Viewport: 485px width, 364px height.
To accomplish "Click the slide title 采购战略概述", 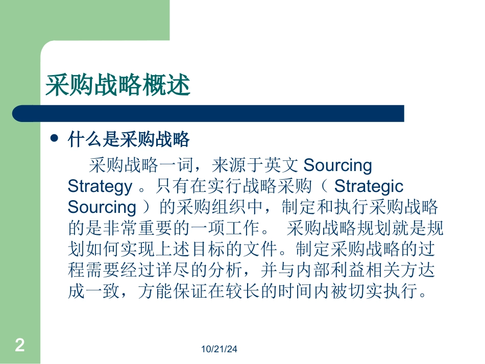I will pyautogui.click(x=118, y=85).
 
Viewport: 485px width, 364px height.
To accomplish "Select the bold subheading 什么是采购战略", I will pyautogui.click(x=129, y=139).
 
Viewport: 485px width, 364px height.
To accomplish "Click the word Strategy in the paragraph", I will pyautogui.click(x=100, y=186).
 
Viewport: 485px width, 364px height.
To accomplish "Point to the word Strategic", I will pyautogui.click(x=369, y=186).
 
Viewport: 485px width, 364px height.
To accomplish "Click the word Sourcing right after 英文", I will pyautogui.click(x=337, y=165).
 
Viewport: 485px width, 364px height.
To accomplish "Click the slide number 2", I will pyautogui.click(x=20, y=346).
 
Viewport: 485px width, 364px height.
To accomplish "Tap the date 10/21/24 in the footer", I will pyautogui.click(x=220, y=349).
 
